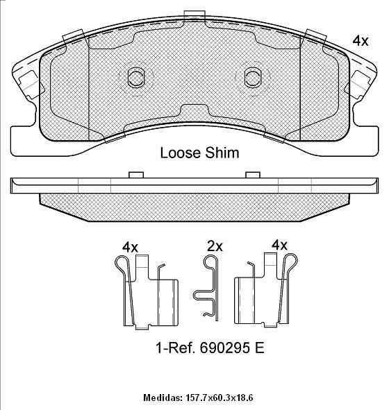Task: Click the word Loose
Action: tap(181, 153)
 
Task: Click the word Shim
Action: tap(222, 153)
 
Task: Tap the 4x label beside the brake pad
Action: tap(361, 41)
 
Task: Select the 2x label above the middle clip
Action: tap(215, 246)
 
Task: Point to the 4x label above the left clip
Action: tap(130, 247)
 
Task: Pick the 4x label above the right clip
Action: tap(279, 246)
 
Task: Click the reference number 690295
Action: tap(224, 348)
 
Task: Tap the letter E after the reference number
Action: tap(259, 348)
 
